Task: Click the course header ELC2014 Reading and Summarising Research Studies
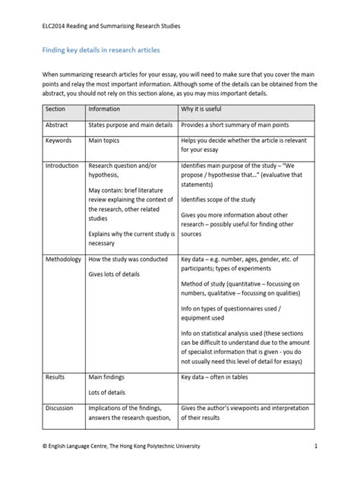click(x=110, y=25)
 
